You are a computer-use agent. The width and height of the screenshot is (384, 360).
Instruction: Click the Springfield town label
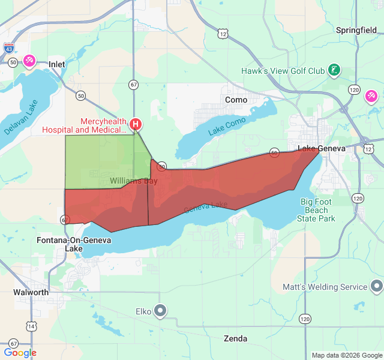356,29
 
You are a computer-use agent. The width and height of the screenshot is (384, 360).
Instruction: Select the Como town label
236,100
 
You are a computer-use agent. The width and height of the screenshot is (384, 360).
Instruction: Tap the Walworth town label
31,292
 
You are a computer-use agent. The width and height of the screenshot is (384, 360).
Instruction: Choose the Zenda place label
235,338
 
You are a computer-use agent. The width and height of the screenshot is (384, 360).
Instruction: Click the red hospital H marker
136,125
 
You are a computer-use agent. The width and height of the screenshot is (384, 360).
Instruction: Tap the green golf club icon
334,71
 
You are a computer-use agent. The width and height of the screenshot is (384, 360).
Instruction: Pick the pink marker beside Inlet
29,61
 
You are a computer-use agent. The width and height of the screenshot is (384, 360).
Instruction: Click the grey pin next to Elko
160,311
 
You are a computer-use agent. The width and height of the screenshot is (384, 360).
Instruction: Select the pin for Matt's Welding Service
377,287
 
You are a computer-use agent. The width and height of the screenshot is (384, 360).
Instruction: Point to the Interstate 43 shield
9,48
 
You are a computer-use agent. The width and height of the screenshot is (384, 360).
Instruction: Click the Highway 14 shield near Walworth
31,326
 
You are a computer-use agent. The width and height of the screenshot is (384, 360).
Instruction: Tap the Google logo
20,353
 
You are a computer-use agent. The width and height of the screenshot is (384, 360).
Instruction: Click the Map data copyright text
346,355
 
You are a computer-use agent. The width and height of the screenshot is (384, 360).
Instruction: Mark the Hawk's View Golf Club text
283,71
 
